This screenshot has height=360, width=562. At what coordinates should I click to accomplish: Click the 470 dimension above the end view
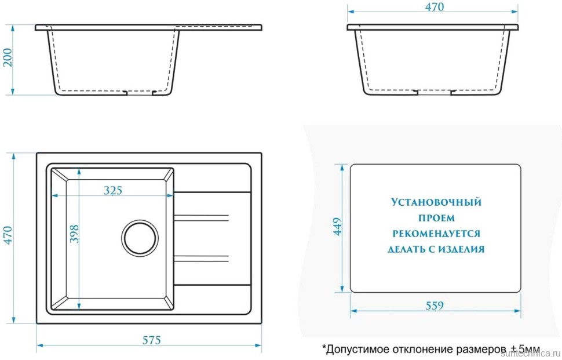pyautogui.click(x=434, y=7)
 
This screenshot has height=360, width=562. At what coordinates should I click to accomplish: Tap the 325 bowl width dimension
pyautogui.click(x=112, y=191)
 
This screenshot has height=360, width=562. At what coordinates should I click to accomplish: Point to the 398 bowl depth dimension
pyautogui.click(x=74, y=233)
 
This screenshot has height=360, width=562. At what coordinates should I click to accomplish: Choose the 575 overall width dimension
pyautogui.click(x=151, y=340)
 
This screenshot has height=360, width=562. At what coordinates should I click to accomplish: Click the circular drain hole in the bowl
pyautogui.click(x=140, y=237)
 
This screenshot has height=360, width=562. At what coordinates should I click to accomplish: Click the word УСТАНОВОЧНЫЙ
pyautogui.click(x=436, y=203)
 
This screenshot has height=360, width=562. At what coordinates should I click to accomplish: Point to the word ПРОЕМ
pyautogui.click(x=436, y=219)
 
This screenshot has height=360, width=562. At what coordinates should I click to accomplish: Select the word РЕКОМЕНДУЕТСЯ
pyautogui.click(x=436, y=234)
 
